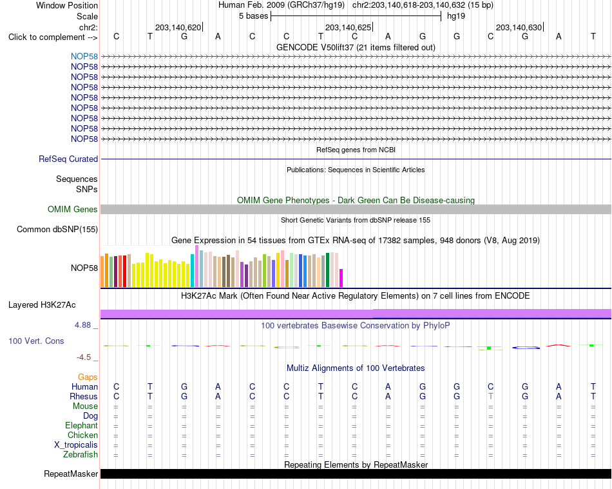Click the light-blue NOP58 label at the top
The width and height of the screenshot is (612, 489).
point(84,56)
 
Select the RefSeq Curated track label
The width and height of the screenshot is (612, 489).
point(68,159)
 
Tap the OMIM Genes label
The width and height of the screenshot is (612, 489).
point(73,210)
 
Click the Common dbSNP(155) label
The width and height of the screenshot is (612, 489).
point(57,230)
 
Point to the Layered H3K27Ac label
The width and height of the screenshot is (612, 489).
point(42,305)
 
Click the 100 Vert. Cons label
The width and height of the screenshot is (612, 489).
point(36,341)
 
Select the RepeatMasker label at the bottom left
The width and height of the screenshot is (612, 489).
point(71,474)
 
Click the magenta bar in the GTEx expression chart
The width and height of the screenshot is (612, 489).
point(341,278)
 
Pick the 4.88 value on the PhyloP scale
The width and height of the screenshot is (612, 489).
point(82,325)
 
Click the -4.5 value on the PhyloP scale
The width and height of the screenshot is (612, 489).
point(84,357)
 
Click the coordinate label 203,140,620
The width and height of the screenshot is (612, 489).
point(178,27)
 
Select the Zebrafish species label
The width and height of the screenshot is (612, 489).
point(81,455)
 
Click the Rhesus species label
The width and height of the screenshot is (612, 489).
point(84,396)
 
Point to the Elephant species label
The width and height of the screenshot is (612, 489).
point(82,426)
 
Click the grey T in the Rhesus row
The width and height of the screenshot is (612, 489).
point(491,396)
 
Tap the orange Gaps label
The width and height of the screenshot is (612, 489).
point(88,377)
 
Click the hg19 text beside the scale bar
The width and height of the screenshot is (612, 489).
point(456,16)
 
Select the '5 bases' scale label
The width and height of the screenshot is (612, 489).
point(254,16)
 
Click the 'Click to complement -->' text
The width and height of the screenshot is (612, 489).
point(53,37)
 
